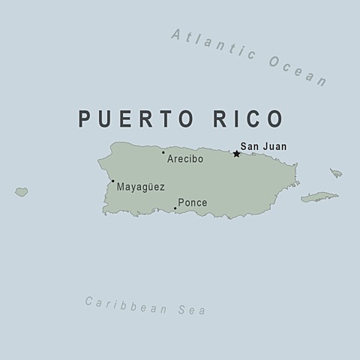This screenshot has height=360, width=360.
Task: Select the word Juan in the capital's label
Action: pos(274,147)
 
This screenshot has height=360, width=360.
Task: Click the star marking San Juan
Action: pos(236,154)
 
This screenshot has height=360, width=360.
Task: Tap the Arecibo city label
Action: pos(184,159)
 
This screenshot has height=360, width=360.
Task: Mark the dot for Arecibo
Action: pos(163,153)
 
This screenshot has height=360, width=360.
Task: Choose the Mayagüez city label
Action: pos(140,187)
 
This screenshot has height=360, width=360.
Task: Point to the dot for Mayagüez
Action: pos(112,181)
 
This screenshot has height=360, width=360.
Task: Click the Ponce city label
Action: pos(192,202)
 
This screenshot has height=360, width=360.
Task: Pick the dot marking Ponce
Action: pos(175,208)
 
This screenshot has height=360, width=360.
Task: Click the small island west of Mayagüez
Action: pos(21,192)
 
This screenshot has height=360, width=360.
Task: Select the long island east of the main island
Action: pos(319,197)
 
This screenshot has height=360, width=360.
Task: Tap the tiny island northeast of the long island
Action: pos(336,173)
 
